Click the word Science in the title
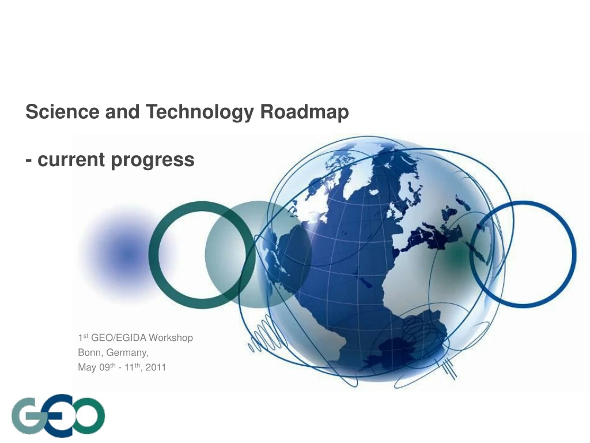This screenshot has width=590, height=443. click(x=63, y=111)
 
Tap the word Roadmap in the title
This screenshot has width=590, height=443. click(x=305, y=111)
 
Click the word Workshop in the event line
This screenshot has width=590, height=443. click(x=171, y=337)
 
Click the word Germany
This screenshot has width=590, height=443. click(x=128, y=352)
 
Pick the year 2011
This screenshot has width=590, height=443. click(x=156, y=366)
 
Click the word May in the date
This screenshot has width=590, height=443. click(x=87, y=366)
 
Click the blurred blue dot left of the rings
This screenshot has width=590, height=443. click(x=127, y=254)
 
